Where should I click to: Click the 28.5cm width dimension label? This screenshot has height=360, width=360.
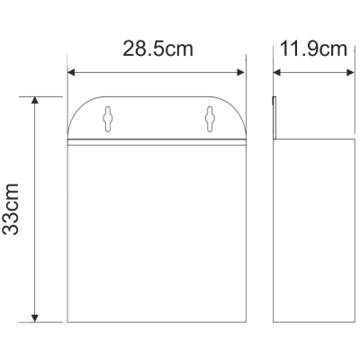(x=157, y=49)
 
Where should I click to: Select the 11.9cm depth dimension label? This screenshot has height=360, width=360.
(x=313, y=49)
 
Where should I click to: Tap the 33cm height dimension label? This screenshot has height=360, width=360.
(x=11, y=209)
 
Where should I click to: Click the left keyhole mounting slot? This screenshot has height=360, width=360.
(x=108, y=119)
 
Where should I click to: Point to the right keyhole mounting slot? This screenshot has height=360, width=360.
(x=209, y=119)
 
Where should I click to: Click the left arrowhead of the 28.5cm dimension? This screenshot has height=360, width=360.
(x=71, y=72)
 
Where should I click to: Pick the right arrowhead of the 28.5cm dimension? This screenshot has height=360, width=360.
(x=241, y=72)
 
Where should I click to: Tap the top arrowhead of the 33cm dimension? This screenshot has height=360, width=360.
(x=35, y=100)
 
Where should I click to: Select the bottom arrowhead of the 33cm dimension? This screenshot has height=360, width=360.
(x=35, y=319)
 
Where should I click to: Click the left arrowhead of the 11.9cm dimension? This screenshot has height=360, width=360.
(x=276, y=72)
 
